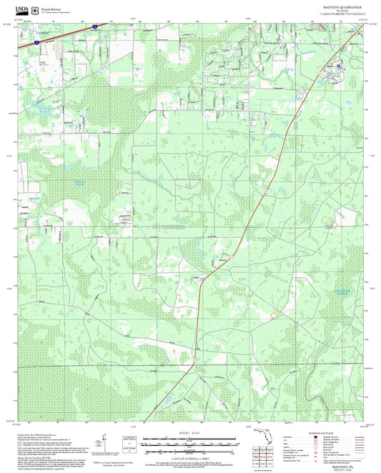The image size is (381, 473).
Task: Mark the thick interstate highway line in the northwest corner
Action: pyautogui.click(x=64, y=34)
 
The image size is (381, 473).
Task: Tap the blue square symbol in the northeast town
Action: pyautogui.click(x=335, y=69)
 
